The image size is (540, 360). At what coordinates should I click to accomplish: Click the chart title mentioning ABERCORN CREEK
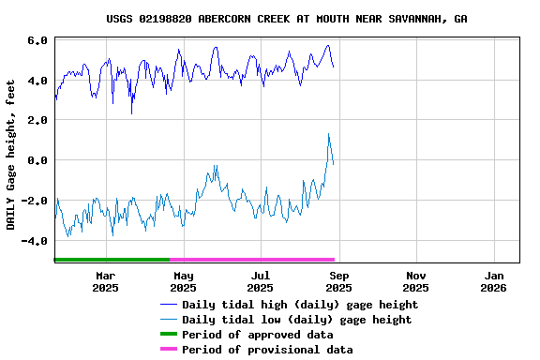pyautogui.click(x=286, y=19)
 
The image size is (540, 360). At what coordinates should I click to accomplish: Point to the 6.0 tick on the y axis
pyautogui.click(x=37, y=41)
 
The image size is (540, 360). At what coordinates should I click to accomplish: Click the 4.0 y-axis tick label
pyautogui.click(x=37, y=81)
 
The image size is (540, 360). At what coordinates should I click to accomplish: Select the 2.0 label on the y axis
pyautogui.click(x=37, y=121)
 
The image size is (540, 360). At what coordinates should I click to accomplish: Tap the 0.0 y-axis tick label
pyautogui.click(x=37, y=161)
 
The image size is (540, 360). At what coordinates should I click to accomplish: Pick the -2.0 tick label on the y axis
pyautogui.click(x=35, y=201)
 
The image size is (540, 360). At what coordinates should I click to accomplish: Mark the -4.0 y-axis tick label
pyautogui.click(x=35, y=241)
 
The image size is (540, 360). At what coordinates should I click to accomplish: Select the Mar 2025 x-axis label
pyautogui.click(x=106, y=281)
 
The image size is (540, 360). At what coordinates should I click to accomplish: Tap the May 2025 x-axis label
pyautogui.click(x=184, y=281)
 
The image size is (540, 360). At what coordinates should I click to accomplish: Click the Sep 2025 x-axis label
pyautogui.click(x=339, y=281)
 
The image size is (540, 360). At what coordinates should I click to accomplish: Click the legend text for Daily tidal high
pyautogui.click(x=300, y=305)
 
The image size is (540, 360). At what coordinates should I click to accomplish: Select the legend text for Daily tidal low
pyautogui.click(x=296, y=320)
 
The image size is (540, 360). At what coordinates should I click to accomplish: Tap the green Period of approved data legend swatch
pyautogui.click(x=168, y=335)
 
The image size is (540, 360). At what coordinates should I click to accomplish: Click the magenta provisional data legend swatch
pyautogui.click(x=168, y=350)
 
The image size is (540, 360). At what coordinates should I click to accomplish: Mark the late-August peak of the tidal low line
pyautogui.click(x=328, y=134)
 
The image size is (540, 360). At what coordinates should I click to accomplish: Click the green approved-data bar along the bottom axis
pyautogui.click(x=112, y=259)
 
